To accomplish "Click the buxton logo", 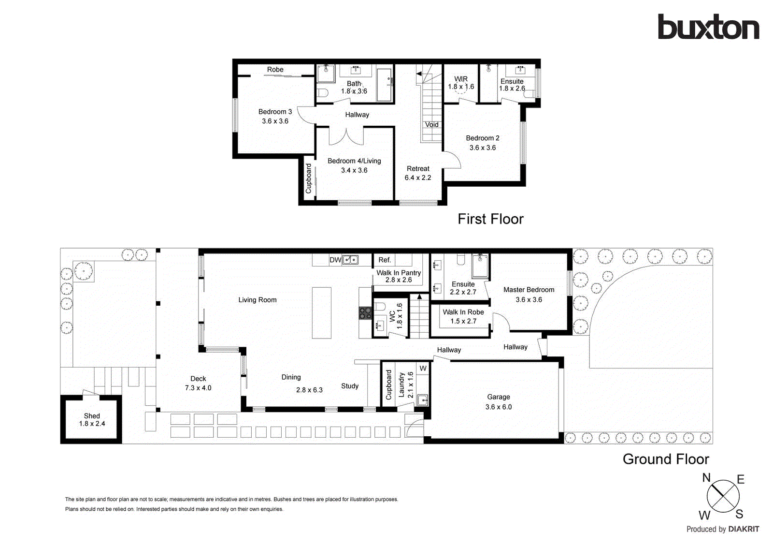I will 708,27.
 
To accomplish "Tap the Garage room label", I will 498,397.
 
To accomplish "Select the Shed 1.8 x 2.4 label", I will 92,420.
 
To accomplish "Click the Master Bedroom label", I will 529,290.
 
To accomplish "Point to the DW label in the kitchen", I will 335,260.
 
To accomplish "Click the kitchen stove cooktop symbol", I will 365,313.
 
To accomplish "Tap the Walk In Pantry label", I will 399,273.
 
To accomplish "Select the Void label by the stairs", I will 431,125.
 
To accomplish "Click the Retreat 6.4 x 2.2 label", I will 418,173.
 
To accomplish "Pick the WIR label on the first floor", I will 461,79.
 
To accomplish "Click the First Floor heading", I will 490,219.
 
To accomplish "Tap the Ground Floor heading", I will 666,459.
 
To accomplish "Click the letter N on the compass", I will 706,478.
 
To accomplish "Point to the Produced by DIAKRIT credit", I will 723,529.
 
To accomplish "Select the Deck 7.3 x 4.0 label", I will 198,383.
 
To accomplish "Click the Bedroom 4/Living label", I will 354,161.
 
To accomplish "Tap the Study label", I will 350,386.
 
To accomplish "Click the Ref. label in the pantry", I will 385,260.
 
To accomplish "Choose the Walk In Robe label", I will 463,312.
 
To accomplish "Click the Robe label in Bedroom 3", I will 275,70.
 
